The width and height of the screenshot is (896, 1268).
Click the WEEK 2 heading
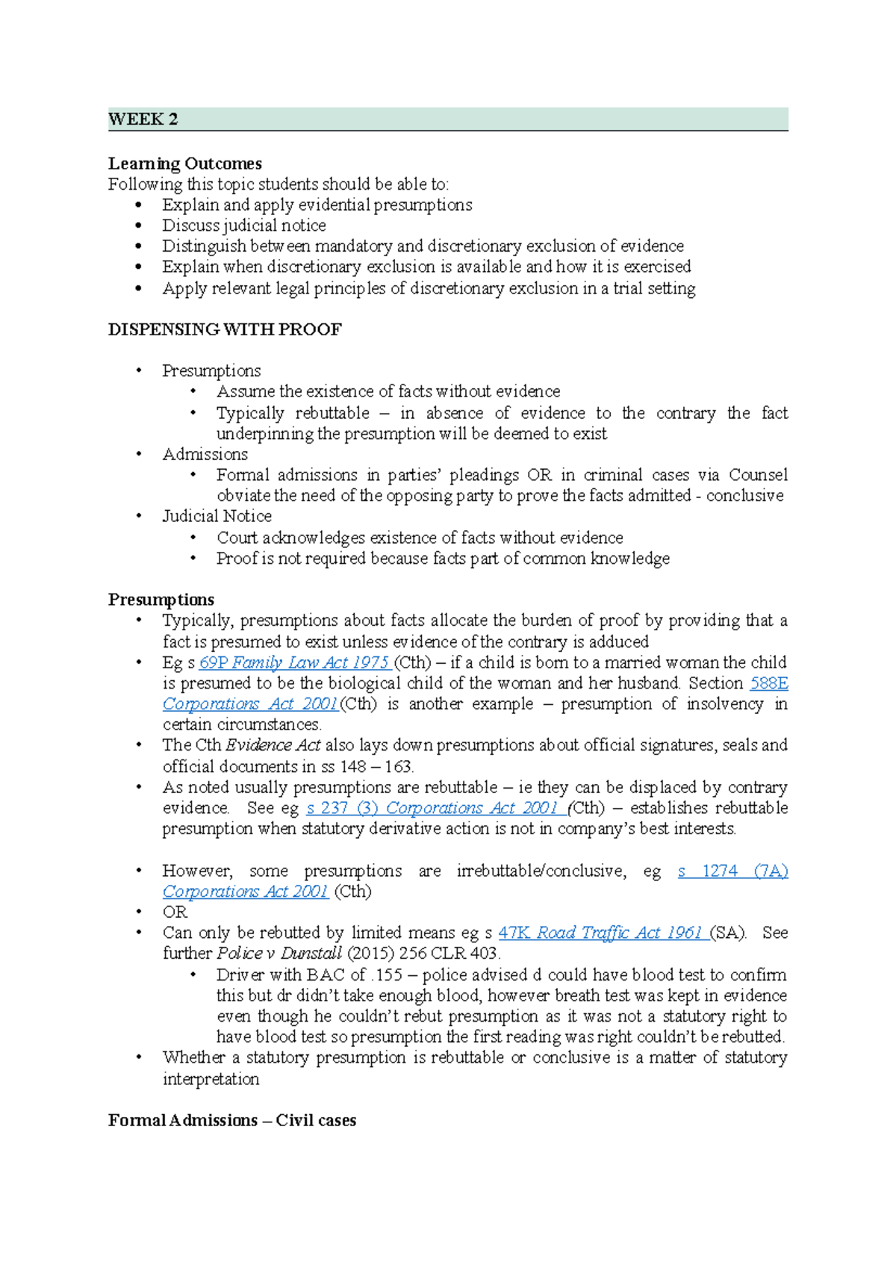point(143,119)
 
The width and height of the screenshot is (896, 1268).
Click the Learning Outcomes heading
point(184,164)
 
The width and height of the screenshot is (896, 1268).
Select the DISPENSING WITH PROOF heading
point(225,330)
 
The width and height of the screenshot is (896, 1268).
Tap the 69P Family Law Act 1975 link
point(294,662)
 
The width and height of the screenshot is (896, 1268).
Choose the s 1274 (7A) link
point(732,871)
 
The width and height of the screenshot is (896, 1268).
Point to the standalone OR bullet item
point(175,912)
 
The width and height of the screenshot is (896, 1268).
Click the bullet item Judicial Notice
point(217,516)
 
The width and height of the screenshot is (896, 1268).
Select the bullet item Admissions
point(205,454)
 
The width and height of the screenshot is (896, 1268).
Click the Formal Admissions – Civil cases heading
point(231,1120)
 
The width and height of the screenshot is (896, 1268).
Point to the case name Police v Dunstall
point(279,954)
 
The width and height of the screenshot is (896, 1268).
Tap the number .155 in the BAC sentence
point(386,975)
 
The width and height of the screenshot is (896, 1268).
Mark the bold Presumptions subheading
point(161,600)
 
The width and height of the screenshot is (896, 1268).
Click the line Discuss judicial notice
point(243,226)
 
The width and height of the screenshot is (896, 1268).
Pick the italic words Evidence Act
point(273,745)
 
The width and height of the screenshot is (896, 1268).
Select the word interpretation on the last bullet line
point(211,1079)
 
